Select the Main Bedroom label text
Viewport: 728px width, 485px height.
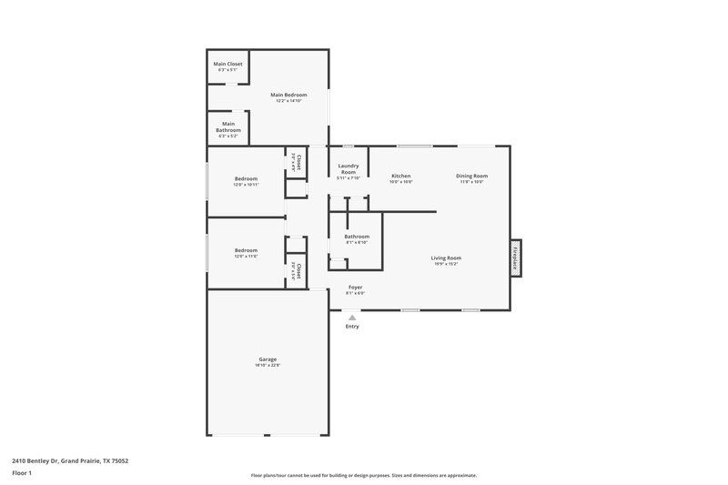click(x=288, y=95)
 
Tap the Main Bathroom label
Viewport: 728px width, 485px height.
click(x=227, y=127)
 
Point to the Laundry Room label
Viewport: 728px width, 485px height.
click(x=348, y=168)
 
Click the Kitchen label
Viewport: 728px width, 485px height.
click(x=401, y=175)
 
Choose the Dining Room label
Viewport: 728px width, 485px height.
click(x=471, y=175)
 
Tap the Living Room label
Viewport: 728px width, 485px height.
click(x=446, y=258)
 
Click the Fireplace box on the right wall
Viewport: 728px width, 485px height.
click(x=515, y=258)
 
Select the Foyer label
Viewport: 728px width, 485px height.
click(x=355, y=287)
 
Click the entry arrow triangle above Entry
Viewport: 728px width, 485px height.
click(x=352, y=317)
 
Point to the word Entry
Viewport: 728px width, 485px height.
click(x=352, y=327)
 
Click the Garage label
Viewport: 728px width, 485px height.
click(x=267, y=359)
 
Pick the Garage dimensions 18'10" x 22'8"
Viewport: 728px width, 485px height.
click(x=267, y=365)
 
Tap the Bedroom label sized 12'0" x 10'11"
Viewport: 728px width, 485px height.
click(x=246, y=178)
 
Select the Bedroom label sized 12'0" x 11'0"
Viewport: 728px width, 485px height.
click(x=246, y=250)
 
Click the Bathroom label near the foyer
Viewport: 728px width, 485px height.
click(x=357, y=237)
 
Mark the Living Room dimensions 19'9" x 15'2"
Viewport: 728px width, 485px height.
click(x=446, y=264)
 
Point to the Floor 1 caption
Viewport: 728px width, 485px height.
click(x=22, y=474)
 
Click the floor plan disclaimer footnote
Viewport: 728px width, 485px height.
click(x=364, y=475)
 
